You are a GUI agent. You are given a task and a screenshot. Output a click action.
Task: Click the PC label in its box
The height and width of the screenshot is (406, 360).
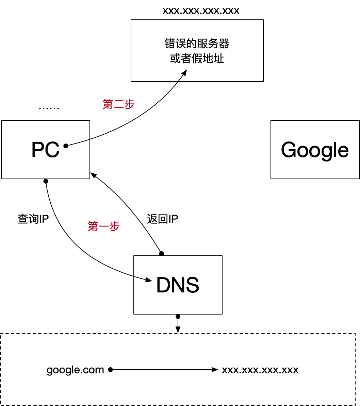click(45, 150)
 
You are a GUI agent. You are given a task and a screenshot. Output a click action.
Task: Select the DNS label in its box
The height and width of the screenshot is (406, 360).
click(178, 285)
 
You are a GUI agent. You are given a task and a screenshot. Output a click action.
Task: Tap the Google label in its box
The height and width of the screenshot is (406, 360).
click(315, 150)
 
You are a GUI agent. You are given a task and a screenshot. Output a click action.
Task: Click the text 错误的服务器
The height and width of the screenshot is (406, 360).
click(197, 44)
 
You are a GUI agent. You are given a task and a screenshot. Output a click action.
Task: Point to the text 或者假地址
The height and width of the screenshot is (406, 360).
click(197, 58)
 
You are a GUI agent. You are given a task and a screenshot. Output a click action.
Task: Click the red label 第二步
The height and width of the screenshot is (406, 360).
click(119, 104)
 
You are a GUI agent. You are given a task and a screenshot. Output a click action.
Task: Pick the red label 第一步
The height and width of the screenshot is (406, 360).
click(104, 226)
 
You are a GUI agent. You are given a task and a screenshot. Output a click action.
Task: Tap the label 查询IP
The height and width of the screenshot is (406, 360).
click(33, 219)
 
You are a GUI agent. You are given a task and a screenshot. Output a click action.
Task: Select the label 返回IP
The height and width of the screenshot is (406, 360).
click(162, 219)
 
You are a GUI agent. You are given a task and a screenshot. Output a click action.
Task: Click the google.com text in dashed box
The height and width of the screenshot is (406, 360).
click(75, 370)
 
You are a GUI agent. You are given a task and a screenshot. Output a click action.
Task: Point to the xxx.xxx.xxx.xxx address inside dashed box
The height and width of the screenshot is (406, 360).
click(260, 370)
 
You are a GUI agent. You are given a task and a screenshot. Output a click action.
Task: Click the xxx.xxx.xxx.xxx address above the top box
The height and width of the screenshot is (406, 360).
click(201, 11)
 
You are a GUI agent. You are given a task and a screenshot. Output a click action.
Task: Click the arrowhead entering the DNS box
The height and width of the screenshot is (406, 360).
click(149, 280)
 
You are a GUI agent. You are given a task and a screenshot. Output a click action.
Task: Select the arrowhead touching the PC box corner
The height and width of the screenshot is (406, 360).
click(93, 175)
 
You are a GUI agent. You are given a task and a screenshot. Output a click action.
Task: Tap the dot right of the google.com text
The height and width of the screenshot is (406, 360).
click(110, 370)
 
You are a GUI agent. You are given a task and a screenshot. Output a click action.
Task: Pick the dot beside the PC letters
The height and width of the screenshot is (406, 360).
click(66, 146)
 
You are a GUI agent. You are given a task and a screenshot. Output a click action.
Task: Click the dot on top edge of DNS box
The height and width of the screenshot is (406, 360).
click(162, 254)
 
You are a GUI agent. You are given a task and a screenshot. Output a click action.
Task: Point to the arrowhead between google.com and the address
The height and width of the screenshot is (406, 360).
click(215, 370)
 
